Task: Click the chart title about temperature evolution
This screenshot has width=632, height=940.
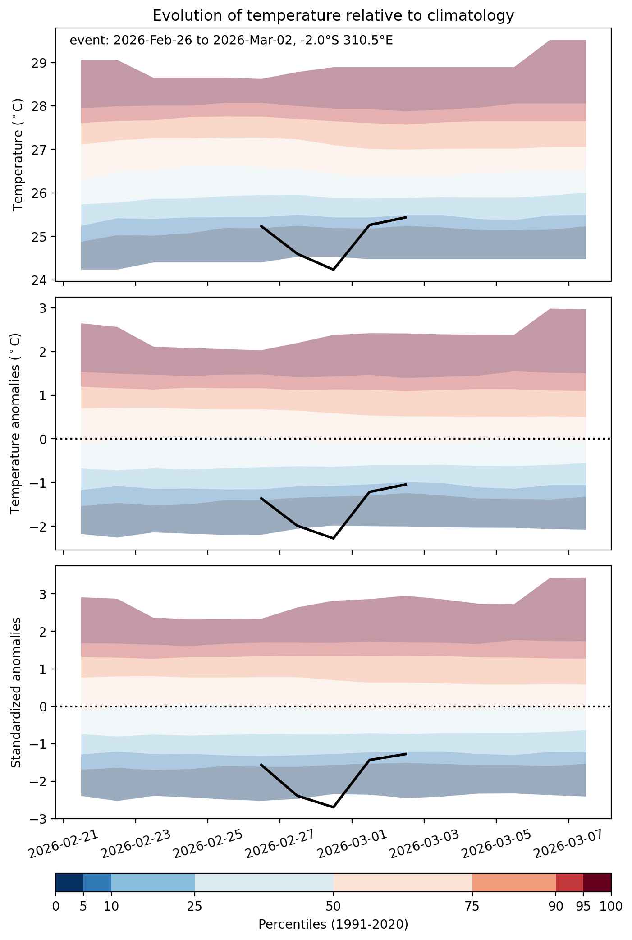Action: (x=333, y=16)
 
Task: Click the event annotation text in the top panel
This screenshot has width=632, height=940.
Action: (x=231, y=41)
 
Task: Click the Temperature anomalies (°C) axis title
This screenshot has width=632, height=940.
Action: (x=16, y=423)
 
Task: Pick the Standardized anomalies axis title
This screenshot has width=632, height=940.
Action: (x=16, y=692)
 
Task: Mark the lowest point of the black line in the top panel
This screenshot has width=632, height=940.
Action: (x=333, y=270)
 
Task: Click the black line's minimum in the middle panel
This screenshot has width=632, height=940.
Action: (x=333, y=538)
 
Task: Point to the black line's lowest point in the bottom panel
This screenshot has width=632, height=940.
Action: (x=333, y=807)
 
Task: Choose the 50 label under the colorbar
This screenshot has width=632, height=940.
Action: (x=333, y=906)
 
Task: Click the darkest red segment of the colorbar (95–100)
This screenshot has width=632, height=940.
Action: (x=597, y=882)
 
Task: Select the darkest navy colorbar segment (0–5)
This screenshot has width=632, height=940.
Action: (x=69, y=882)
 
